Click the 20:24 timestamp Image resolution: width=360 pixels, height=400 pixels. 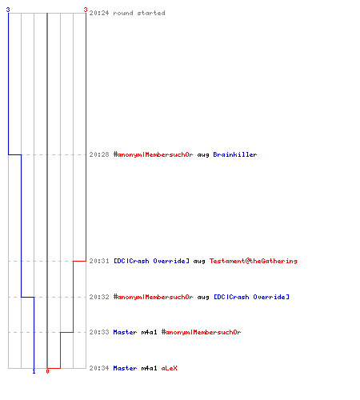(x=99, y=13)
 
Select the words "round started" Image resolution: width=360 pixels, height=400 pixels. (x=139, y=13)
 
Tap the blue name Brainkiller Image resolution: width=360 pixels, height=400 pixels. (x=235, y=154)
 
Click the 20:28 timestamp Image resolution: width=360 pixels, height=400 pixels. (x=99, y=154)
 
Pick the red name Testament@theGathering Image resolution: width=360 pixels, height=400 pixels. (x=253, y=261)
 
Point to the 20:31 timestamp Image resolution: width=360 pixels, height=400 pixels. (x=99, y=261)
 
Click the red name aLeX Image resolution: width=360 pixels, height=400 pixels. (x=169, y=368)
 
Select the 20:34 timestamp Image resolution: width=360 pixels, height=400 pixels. (x=99, y=368)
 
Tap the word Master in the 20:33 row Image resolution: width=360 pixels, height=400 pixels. (x=125, y=332)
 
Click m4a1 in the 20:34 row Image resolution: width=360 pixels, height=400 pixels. (x=149, y=368)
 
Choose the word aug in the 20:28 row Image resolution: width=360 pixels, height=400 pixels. (x=203, y=154)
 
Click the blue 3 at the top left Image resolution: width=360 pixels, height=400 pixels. (x=8, y=10)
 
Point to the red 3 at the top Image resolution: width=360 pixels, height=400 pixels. (x=86, y=10)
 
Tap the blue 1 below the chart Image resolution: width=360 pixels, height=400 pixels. (x=34, y=371)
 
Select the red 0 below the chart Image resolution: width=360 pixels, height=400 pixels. (x=47, y=371)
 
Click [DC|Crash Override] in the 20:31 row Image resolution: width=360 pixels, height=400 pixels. (x=151, y=261)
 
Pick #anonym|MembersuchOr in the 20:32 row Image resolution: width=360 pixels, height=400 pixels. (x=153, y=297)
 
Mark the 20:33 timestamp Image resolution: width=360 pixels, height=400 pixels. (x=99, y=332)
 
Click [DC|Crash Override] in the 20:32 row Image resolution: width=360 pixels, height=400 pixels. (x=251, y=297)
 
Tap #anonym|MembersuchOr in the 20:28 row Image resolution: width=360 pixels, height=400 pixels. (x=153, y=154)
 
